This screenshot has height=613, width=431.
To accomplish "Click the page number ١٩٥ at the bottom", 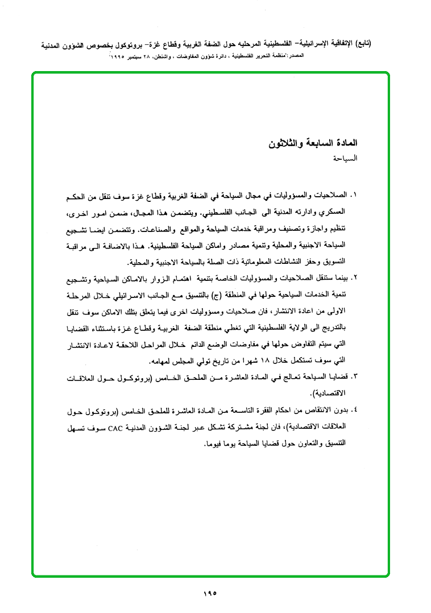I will pyautogui.click(x=209, y=595).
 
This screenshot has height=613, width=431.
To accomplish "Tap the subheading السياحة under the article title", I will pyautogui.click(x=346, y=159).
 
